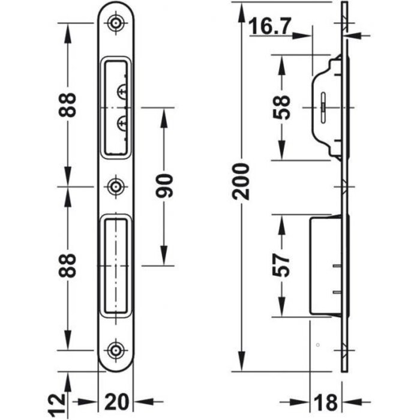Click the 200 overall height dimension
pos(241,181)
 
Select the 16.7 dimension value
pos(272,26)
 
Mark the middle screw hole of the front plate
pos(115,186)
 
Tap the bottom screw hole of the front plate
pos(115,350)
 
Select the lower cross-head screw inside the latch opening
pos(122,124)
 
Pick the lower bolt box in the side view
pos(325,265)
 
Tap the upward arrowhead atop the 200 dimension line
pos(241,9)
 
